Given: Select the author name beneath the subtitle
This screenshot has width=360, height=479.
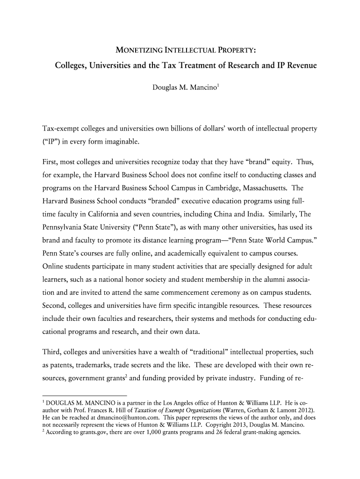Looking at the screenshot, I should pos(180,87).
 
